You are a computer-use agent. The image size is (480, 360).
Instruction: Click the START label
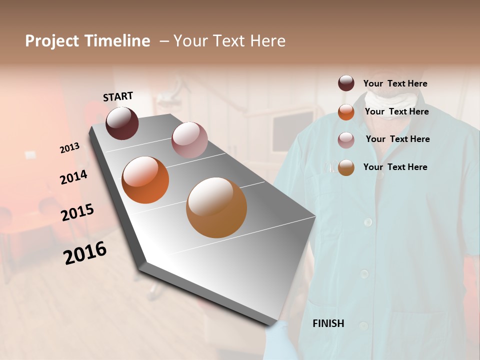[118, 96]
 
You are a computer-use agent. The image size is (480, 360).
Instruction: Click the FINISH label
[328, 323]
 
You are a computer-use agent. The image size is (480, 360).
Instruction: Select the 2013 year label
[69, 147]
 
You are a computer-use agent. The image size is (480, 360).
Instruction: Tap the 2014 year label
[73, 177]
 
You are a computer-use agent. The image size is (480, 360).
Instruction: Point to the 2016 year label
[85, 253]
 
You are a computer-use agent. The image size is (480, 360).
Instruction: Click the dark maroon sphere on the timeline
[122, 123]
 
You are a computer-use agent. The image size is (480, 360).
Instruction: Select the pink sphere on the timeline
[189, 140]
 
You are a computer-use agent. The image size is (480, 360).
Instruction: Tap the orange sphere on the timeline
[145, 180]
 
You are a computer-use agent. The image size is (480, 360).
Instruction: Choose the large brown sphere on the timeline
[216, 207]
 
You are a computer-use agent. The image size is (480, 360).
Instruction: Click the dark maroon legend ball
[346, 83]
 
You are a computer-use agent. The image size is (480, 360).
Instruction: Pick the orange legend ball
[346, 112]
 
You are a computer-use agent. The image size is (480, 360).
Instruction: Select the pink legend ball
[346, 140]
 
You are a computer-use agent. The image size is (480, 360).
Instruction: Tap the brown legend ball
[346, 167]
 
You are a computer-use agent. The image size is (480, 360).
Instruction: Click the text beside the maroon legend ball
[395, 84]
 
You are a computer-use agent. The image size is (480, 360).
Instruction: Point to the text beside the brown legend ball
[395, 167]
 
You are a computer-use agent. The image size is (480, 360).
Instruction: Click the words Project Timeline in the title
[87, 41]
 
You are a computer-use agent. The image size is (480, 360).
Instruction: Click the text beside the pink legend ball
[397, 139]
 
